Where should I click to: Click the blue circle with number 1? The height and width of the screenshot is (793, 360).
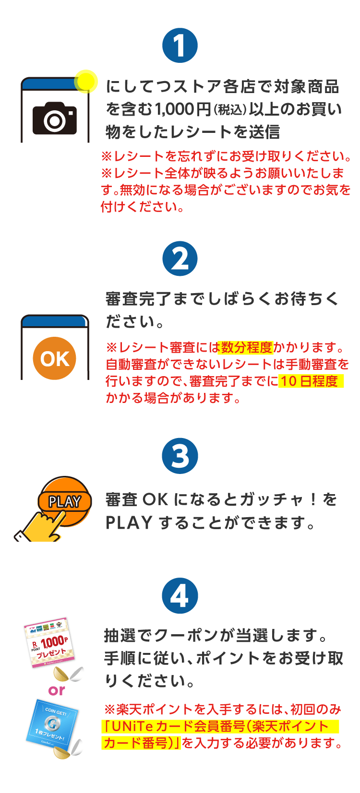click(x=180, y=46)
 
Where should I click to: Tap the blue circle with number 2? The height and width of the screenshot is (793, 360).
click(x=180, y=259)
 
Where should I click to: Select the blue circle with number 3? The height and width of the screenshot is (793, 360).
click(x=180, y=456)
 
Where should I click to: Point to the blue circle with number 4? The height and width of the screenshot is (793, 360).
click(x=180, y=596)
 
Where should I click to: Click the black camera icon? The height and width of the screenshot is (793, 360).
click(x=55, y=118)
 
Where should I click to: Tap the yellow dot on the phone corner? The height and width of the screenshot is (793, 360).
click(x=86, y=81)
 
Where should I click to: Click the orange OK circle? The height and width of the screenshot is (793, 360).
click(x=55, y=358)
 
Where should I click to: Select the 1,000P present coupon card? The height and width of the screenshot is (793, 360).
click(x=48, y=643)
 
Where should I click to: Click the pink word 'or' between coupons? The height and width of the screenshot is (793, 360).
click(x=57, y=690)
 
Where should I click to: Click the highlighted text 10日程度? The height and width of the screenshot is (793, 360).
click(x=310, y=381)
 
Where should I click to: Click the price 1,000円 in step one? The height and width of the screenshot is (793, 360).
click(x=183, y=109)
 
